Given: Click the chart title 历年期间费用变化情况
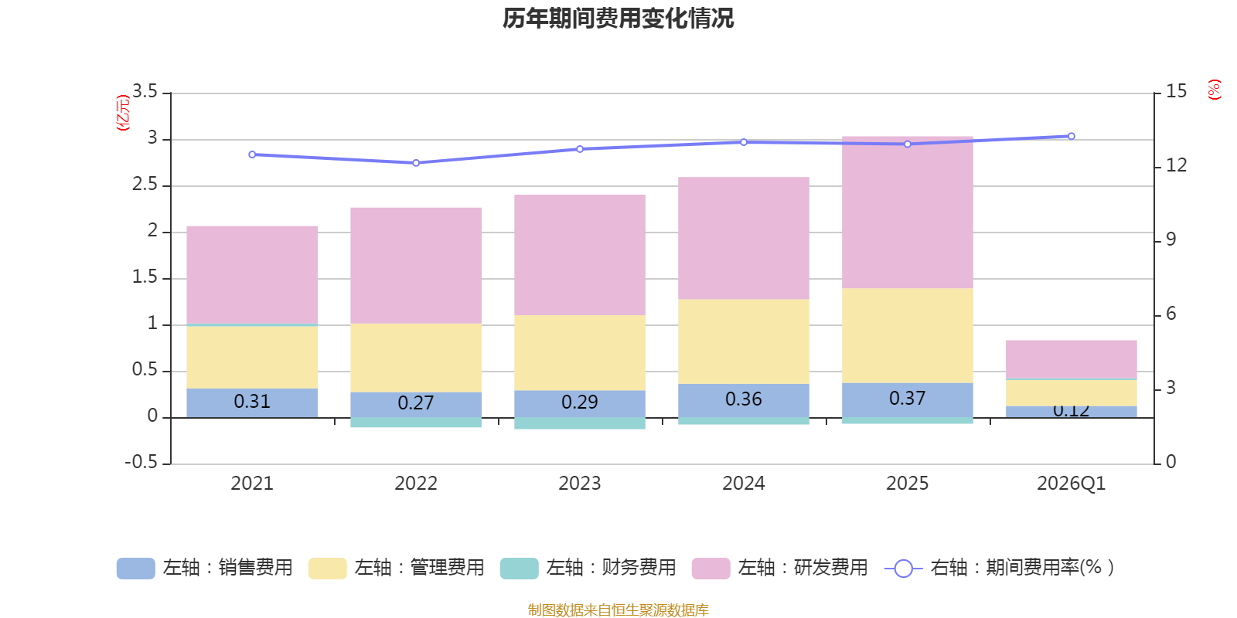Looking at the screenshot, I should point(618,18).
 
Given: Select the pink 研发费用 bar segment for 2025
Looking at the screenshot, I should point(907,212).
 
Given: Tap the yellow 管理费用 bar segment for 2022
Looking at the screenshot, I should point(416,358).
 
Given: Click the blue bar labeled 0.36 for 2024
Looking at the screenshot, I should point(744,400).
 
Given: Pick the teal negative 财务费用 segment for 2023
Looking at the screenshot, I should point(580,423).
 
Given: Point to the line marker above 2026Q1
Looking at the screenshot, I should point(1071,136).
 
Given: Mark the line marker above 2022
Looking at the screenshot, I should point(416,163).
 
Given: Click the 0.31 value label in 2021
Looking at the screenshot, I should point(252,402).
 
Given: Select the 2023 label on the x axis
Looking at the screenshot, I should point(580,484).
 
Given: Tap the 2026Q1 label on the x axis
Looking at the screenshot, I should point(1071,484).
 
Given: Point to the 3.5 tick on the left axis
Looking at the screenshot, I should point(145,92).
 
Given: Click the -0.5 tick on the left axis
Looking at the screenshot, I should point(141,462).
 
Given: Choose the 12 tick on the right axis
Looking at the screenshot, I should point(1176,165).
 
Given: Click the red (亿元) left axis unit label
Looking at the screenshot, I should point(123,113).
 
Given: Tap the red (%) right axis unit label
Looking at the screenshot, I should point(1214,90).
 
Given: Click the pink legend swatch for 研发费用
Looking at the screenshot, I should point(711,569).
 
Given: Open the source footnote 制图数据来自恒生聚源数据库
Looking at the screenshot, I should point(618,610).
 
